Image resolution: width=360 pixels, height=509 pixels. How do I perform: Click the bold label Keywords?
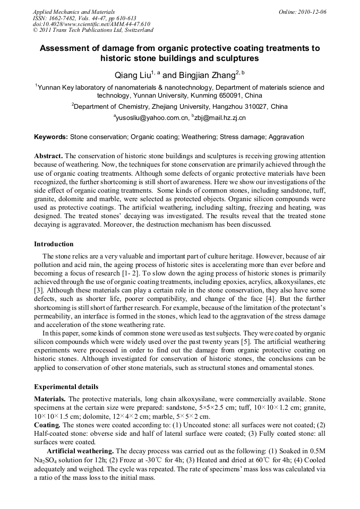[x=51, y=137]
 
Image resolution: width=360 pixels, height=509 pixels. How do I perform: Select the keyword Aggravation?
[x=283, y=137]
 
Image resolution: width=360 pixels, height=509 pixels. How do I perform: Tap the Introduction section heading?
[x=54, y=244]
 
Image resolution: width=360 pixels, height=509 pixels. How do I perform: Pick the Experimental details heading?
[x=66, y=387]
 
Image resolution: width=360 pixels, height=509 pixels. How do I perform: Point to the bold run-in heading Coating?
[x=47, y=425]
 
